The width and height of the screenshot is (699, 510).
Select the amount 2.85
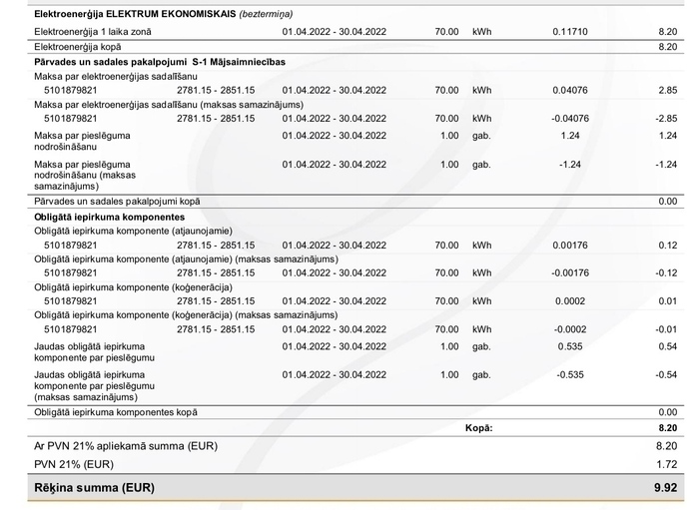pyautogui.click(x=669, y=89)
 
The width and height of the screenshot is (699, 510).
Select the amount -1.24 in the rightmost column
pyautogui.click(x=667, y=164)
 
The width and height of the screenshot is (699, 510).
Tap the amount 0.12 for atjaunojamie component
pyautogui.click(x=669, y=245)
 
